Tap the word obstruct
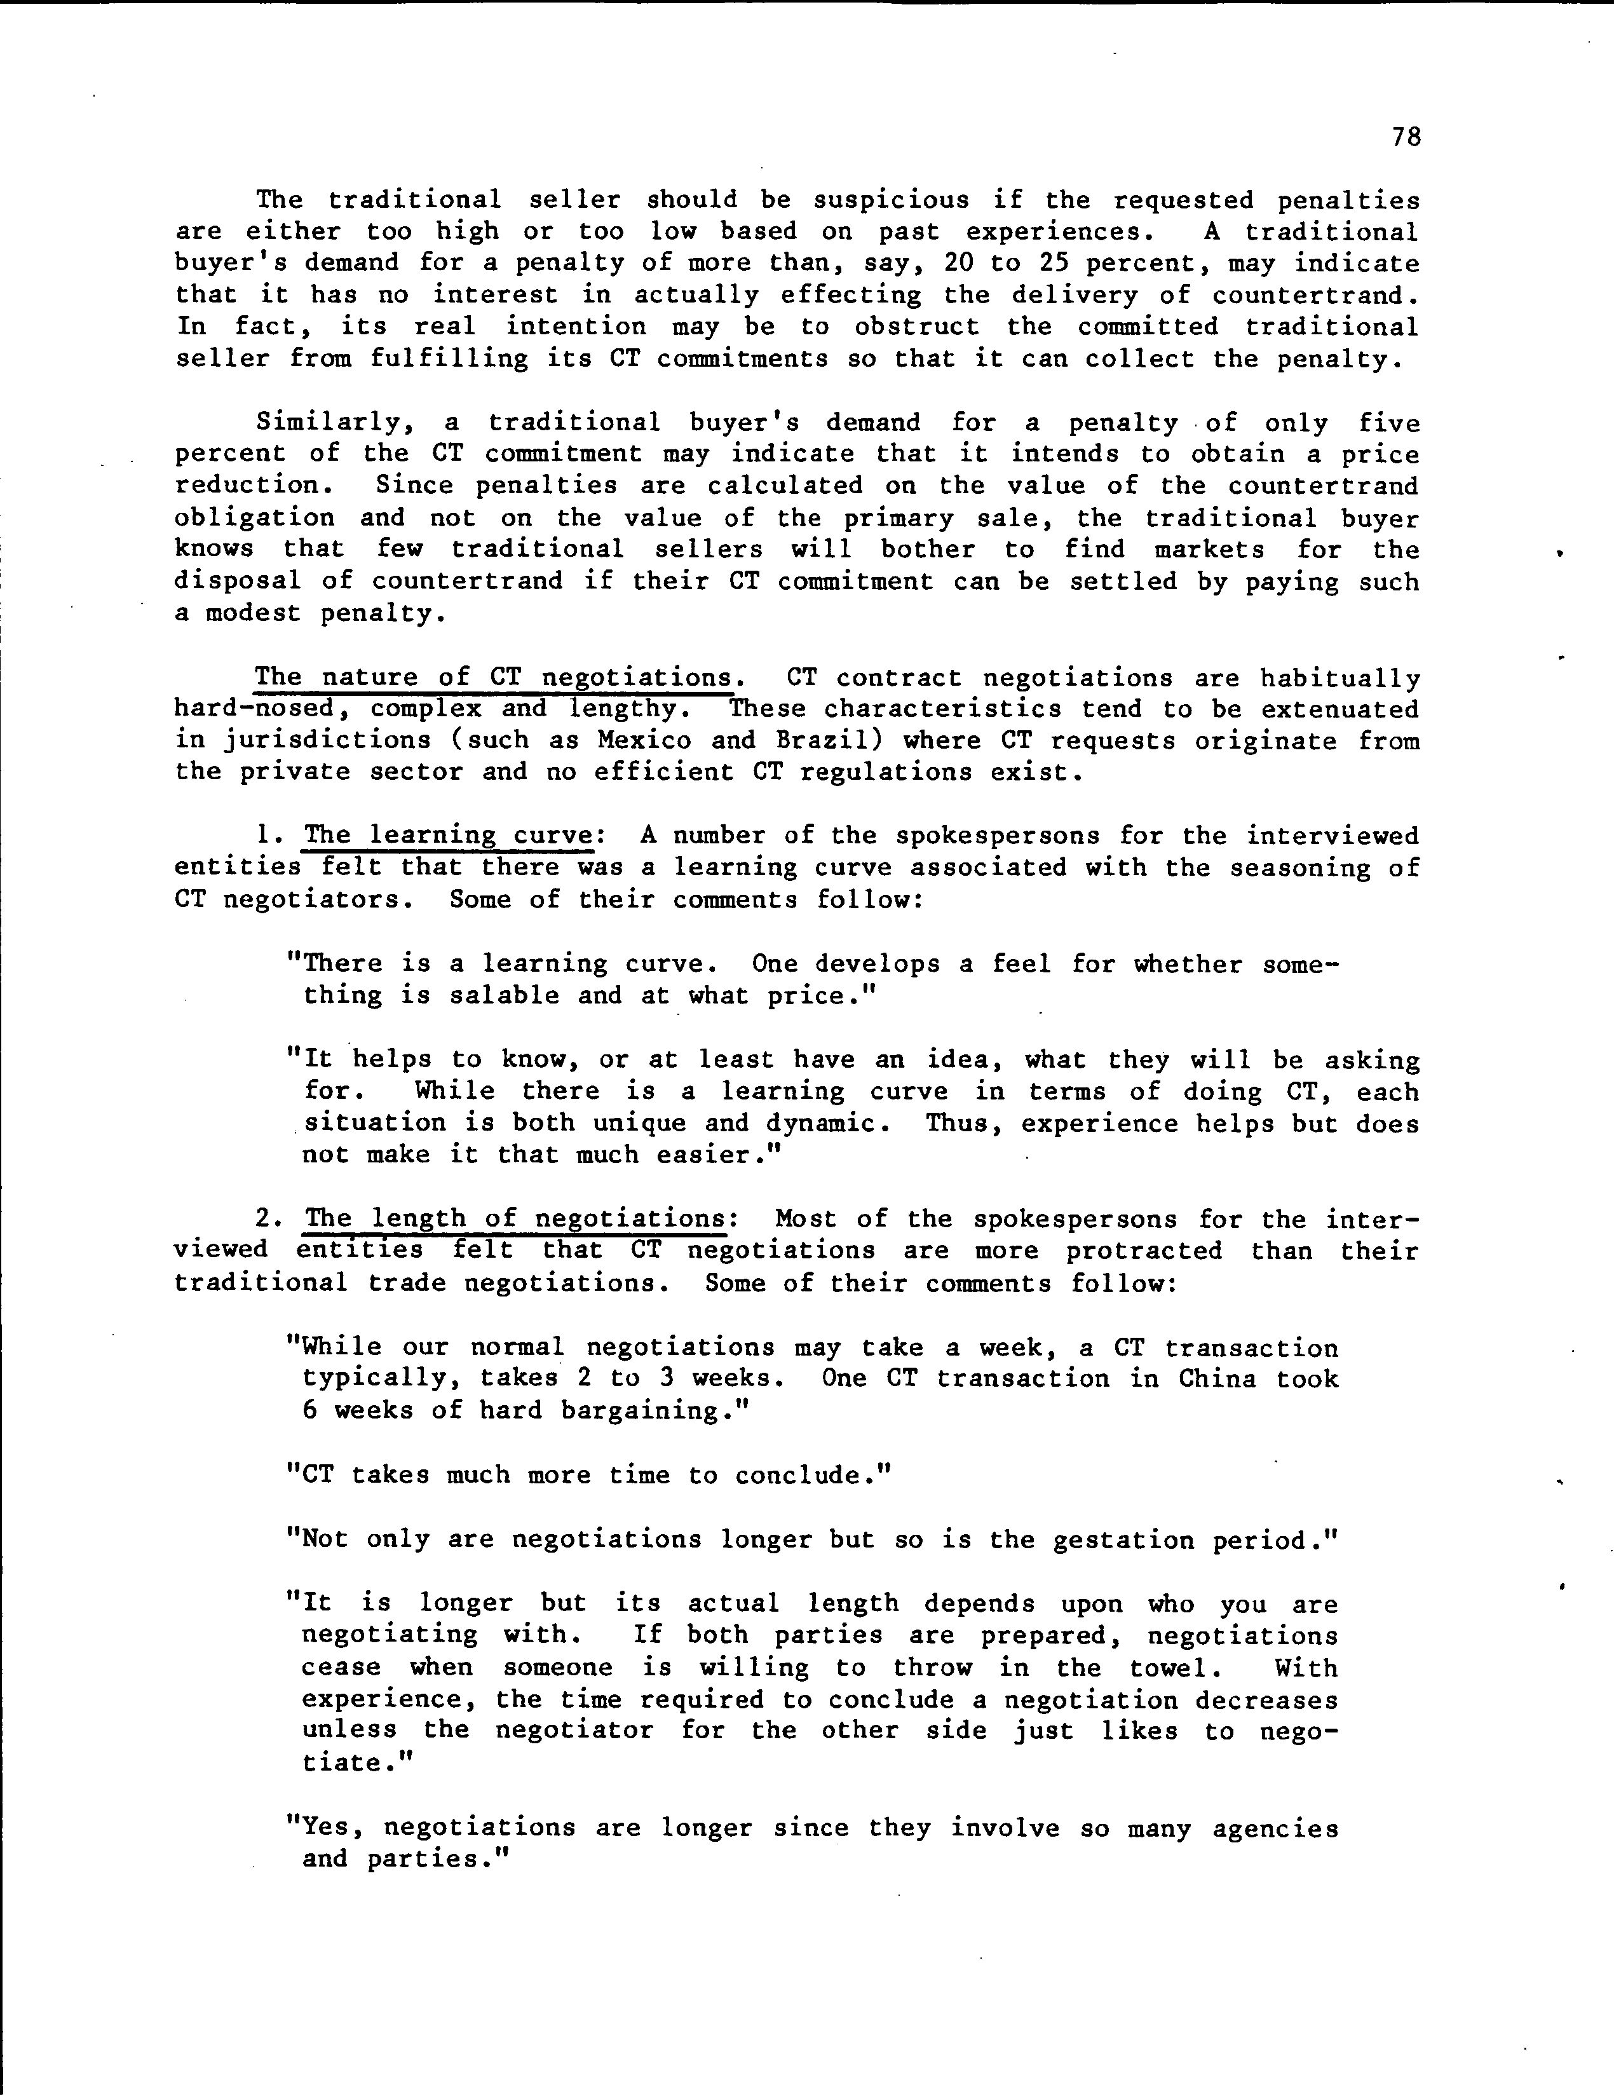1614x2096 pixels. [x=916, y=326]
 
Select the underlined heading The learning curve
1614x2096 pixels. [x=447, y=836]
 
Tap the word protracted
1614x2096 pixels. [x=1144, y=1251]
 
